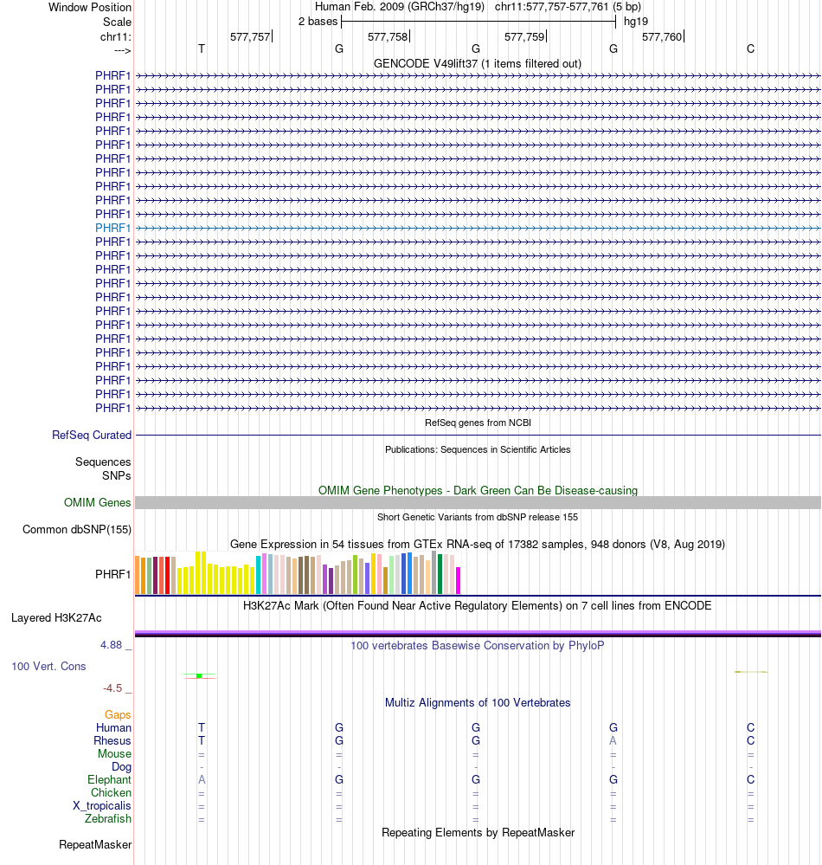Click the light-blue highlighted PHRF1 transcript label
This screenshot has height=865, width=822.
click(x=113, y=228)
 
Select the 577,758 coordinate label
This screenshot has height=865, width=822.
click(x=388, y=36)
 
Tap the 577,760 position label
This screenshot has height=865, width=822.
click(x=662, y=36)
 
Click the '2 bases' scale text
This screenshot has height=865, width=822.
click(x=318, y=21)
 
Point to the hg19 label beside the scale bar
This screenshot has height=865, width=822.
click(x=636, y=21)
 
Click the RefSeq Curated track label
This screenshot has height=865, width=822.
click(x=92, y=435)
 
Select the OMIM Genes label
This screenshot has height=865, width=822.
click(x=98, y=502)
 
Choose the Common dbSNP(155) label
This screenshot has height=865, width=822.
click(x=77, y=529)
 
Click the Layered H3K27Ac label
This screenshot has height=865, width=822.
click(x=56, y=617)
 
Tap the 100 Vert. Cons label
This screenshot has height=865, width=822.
click(x=48, y=666)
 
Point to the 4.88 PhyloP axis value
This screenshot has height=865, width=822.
click(x=112, y=645)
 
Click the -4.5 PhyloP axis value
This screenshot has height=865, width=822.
click(x=112, y=688)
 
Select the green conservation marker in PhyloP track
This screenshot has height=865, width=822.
click(x=199, y=675)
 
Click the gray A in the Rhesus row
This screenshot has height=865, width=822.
click(x=613, y=740)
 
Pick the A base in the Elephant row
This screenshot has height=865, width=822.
click(x=202, y=779)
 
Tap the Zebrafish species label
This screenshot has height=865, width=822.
click(x=108, y=818)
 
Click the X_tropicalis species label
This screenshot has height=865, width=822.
click(x=102, y=805)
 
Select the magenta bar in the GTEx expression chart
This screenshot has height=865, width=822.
click(x=459, y=580)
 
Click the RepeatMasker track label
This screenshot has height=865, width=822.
click(x=95, y=844)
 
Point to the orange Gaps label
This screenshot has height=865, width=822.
click(x=118, y=714)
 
